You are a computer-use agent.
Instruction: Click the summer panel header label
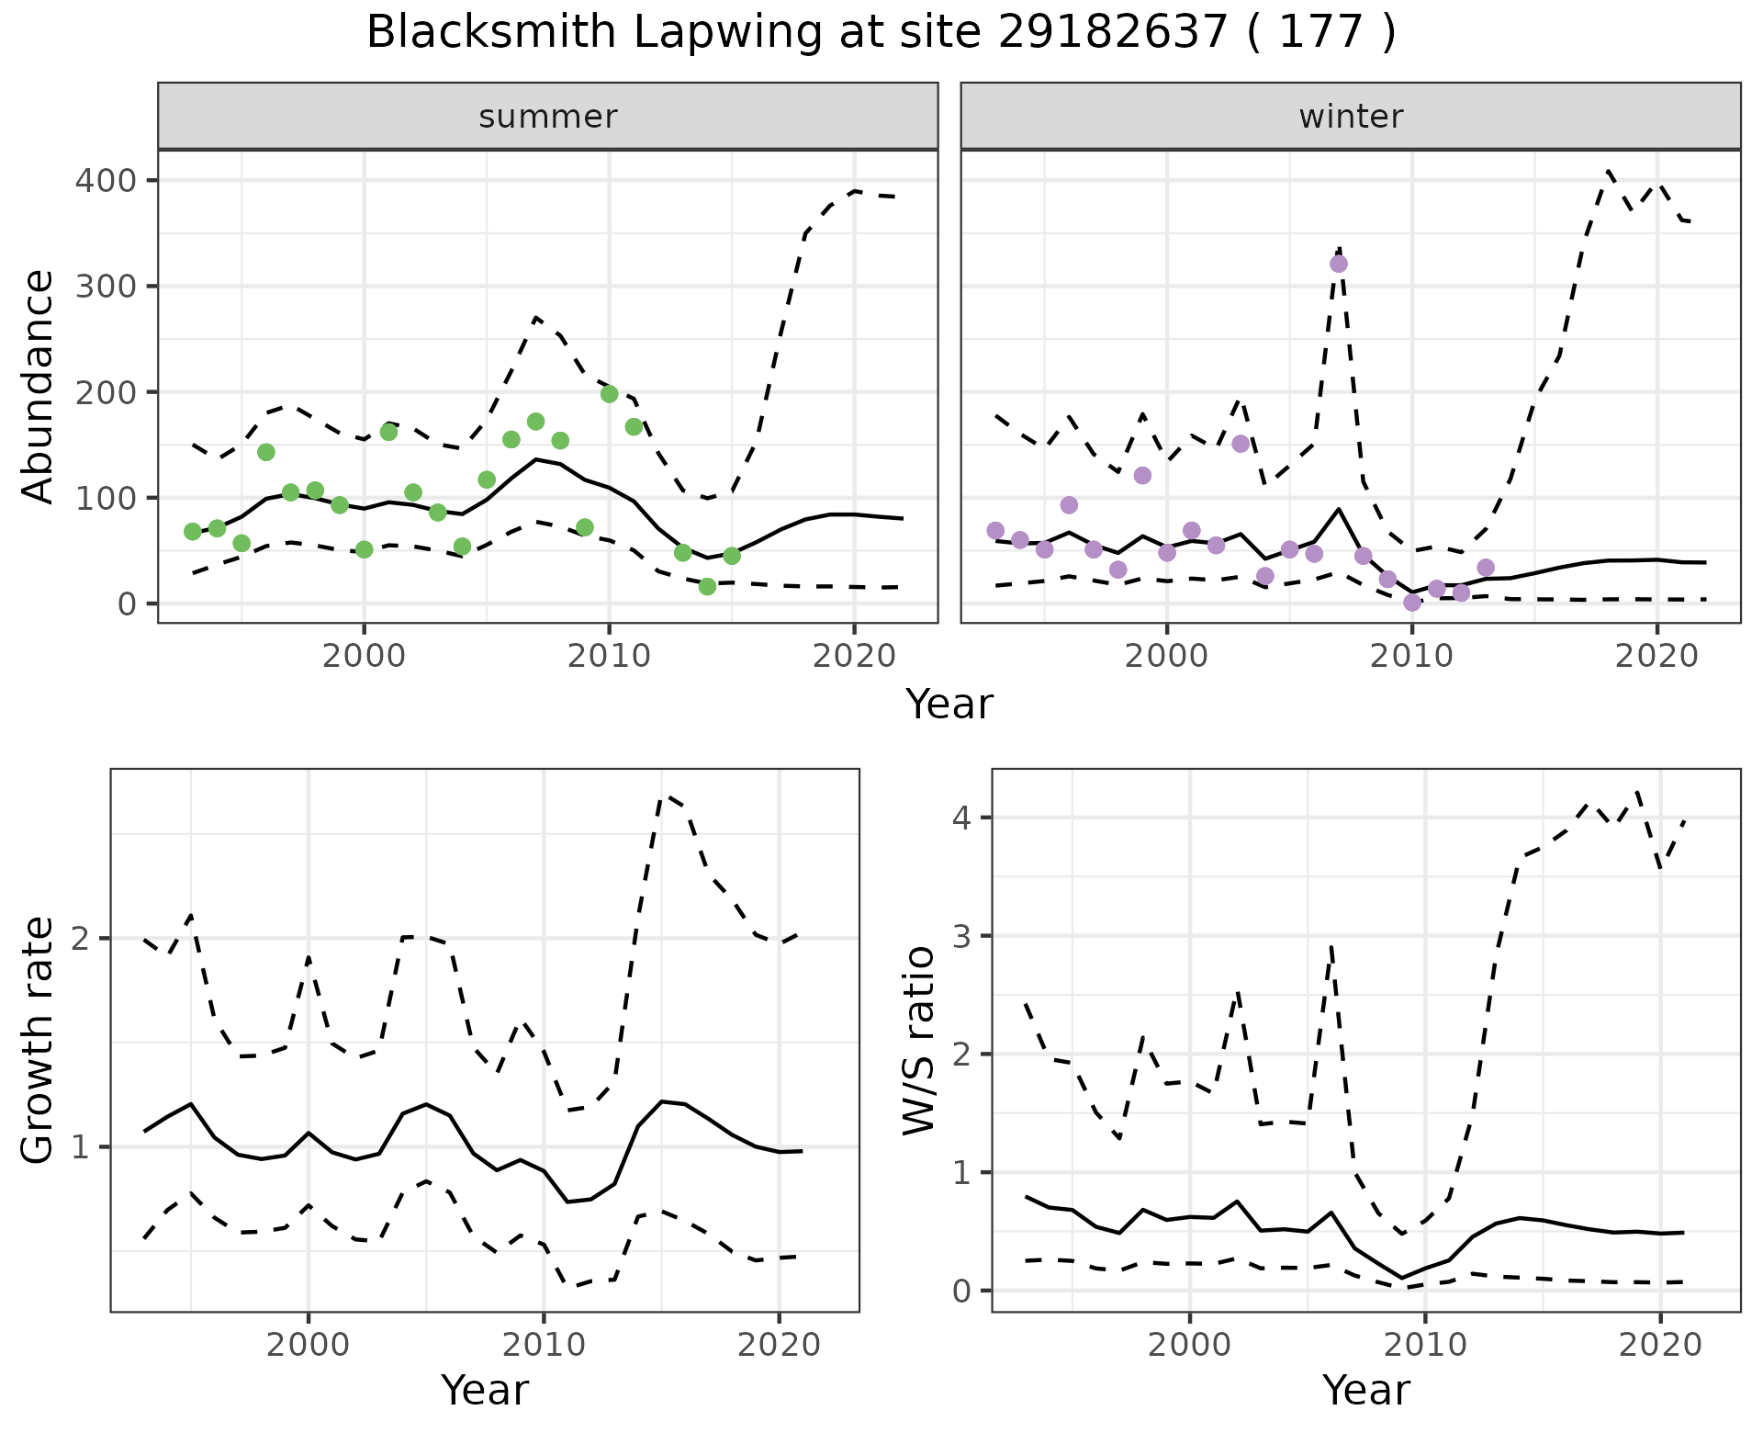(x=548, y=117)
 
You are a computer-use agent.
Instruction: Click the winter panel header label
(x=1351, y=117)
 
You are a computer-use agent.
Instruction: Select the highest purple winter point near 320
(x=1339, y=264)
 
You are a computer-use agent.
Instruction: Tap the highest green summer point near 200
(x=609, y=394)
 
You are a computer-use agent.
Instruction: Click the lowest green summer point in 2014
(x=707, y=586)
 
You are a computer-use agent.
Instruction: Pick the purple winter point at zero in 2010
(x=1412, y=603)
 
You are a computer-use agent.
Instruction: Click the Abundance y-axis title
(x=39, y=386)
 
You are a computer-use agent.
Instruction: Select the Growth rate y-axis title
(x=39, y=1041)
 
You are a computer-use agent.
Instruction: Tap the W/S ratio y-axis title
(x=919, y=1041)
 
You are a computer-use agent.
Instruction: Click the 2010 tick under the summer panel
(x=609, y=657)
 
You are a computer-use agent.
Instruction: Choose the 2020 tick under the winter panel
(x=1657, y=657)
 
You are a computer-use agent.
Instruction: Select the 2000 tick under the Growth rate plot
(x=309, y=1346)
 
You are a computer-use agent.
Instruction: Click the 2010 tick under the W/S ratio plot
(x=1425, y=1346)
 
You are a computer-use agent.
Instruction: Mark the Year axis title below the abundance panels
(x=949, y=705)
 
